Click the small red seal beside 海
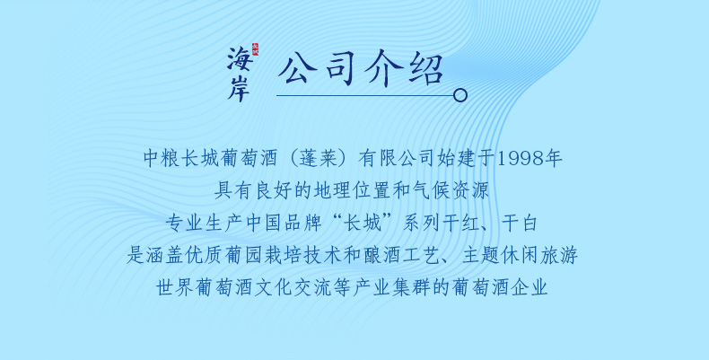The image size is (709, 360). (255, 48)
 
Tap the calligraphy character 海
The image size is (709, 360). (239, 58)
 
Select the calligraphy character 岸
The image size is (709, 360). (239, 87)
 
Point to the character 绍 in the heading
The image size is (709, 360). (426, 69)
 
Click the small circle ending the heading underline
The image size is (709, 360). (460, 95)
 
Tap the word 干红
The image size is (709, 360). (460, 224)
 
